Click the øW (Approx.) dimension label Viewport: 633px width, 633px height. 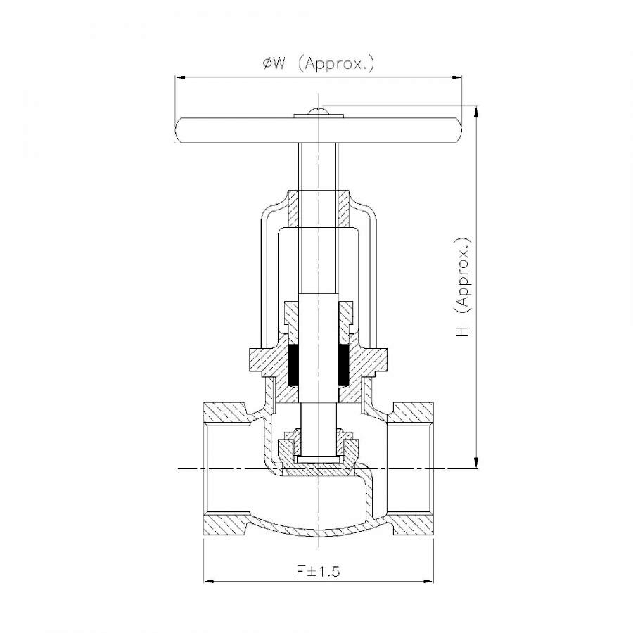pos(319,64)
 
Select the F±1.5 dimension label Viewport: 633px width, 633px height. pos(319,571)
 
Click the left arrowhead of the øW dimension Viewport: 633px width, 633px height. pos(181,77)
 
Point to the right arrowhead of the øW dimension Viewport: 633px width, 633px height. pos(456,77)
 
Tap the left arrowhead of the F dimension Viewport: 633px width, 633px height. pos(209,582)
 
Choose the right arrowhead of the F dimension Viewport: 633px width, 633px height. pos(428,582)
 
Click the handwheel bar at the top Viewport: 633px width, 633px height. pos(319,130)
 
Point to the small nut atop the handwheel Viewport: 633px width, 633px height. pos(319,113)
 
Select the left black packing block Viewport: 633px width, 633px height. pos(294,365)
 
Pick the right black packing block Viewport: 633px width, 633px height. pos(343,365)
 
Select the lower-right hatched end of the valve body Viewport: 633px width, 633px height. pos(413,525)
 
